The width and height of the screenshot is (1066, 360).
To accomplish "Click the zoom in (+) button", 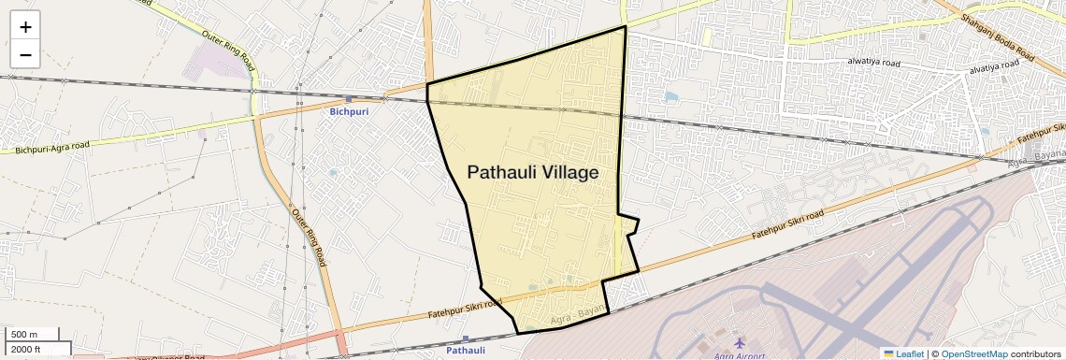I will [x=25, y=27].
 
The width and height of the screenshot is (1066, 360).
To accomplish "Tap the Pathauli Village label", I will [x=532, y=172].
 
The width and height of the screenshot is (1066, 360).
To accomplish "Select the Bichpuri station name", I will [x=350, y=111].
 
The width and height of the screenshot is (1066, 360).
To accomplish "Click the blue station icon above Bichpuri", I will [x=349, y=98].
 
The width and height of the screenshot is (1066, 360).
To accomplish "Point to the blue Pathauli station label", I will [x=466, y=351].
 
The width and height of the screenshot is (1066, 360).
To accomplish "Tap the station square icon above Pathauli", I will [x=466, y=338].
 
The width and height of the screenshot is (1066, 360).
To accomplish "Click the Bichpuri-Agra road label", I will [x=52, y=147].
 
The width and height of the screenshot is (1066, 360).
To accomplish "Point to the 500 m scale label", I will [x=24, y=335].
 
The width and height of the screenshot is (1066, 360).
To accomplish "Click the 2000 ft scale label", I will [x=26, y=350].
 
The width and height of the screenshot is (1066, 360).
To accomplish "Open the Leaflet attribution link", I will [x=903, y=353].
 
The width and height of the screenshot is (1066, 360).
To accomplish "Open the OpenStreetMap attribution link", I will [x=973, y=353].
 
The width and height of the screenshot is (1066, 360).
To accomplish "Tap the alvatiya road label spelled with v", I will [x=998, y=69].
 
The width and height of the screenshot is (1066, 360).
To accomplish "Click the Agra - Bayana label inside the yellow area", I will [x=571, y=317].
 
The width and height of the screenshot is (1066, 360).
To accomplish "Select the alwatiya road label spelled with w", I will [x=873, y=62].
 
